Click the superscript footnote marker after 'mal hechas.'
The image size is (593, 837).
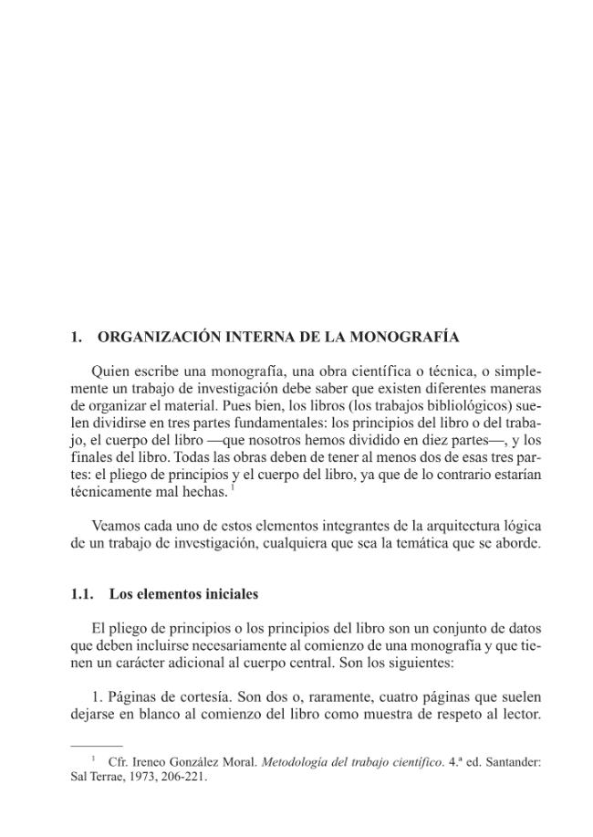233,487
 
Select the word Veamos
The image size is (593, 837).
117,526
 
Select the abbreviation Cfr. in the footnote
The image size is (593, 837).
118,761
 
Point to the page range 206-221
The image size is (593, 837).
183,778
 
